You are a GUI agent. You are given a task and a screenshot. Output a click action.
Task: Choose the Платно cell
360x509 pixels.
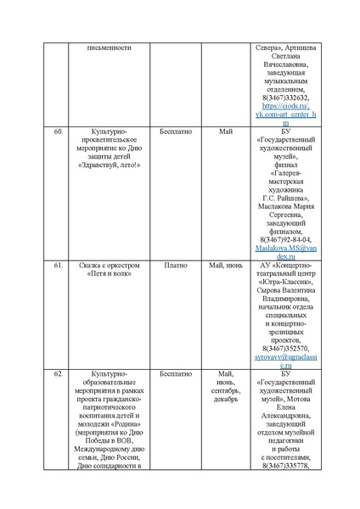[176, 266]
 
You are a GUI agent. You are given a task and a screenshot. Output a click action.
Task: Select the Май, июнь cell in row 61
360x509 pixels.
[225, 266]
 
